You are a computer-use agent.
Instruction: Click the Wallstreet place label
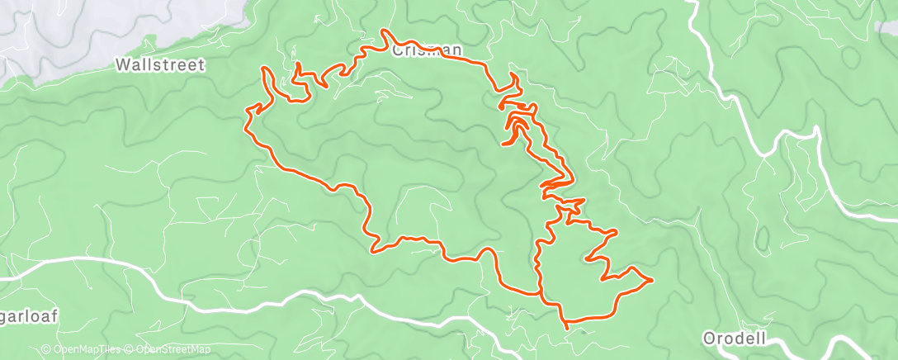(x=160, y=64)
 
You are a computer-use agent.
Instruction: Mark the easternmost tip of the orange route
(x=653, y=280)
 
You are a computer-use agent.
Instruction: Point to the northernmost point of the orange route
(x=383, y=31)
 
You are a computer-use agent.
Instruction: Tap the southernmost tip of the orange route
(x=566, y=328)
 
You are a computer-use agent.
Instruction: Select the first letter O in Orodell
(x=708, y=338)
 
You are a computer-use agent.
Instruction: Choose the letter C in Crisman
(x=397, y=50)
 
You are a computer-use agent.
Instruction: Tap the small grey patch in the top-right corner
(x=886, y=27)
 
